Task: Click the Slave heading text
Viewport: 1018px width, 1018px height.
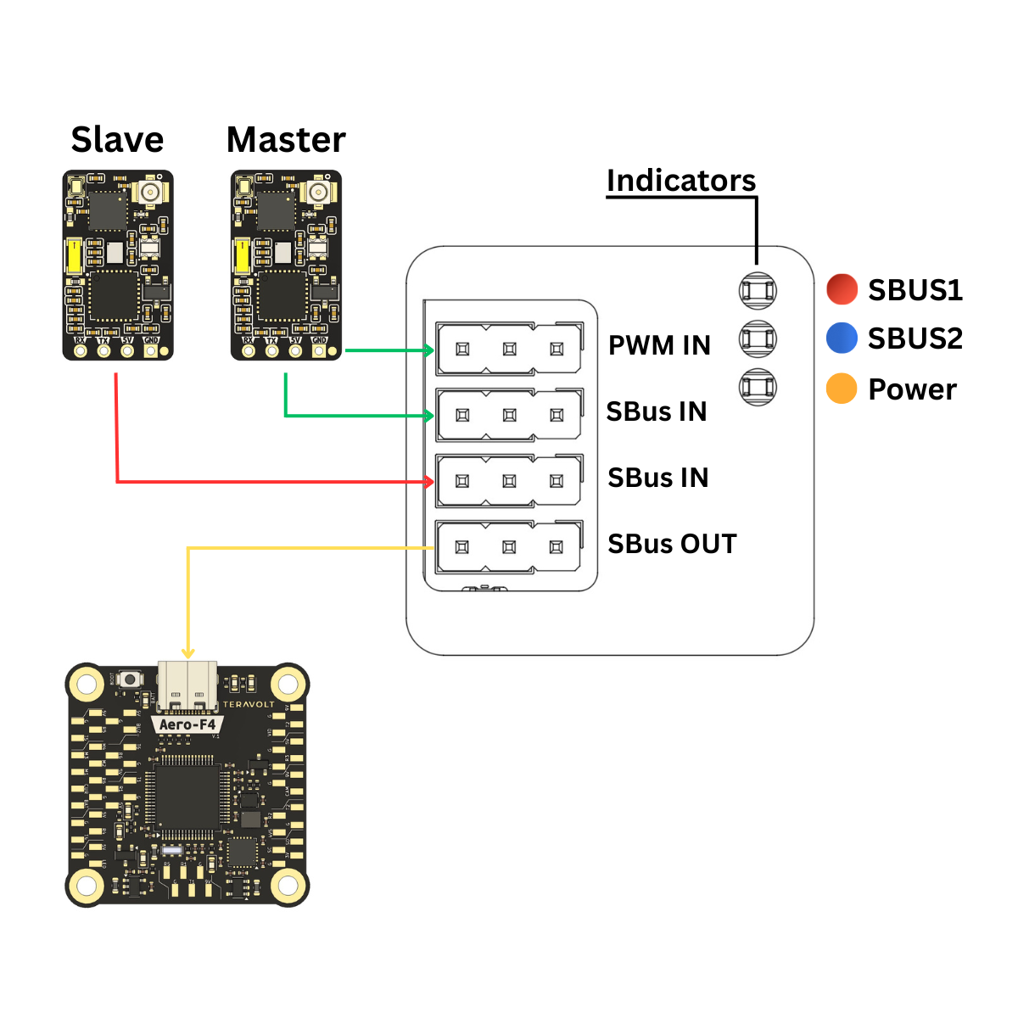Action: pyautogui.click(x=117, y=140)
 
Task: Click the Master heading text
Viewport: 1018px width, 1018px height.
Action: pyautogui.click(x=286, y=140)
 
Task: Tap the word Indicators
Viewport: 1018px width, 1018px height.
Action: pyautogui.click(x=680, y=181)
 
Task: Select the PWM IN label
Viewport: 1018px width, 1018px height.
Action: pyautogui.click(x=659, y=345)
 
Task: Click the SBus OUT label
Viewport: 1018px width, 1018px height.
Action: pyautogui.click(x=672, y=544)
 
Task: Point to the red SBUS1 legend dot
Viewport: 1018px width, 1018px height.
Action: pyautogui.click(x=842, y=289)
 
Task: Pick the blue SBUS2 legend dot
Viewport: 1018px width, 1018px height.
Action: pyautogui.click(x=842, y=338)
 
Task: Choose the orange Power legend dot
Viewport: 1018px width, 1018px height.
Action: pyautogui.click(x=842, y=389)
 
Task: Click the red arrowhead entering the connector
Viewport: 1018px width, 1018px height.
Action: pyautogui.click(x=429, y=482)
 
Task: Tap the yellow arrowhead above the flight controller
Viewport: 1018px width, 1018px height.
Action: pyautogui.click(x=188, y=652)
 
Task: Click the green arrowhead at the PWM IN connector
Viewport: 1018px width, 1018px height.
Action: pyautogui.click(x=429, y=350)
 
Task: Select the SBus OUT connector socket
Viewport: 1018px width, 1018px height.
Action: pyautogui.click(x=509, y=547)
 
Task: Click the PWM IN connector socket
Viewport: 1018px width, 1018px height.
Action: pyautogui.click(x=509, y=349)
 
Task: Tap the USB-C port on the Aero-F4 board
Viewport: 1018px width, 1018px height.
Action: pyautogui.click(x=187, y=687)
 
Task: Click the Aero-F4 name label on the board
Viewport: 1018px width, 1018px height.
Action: pyautogui.click(x=187, y=724)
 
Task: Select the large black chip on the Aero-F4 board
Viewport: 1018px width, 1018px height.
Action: pyautogui.click(x=187, y=797)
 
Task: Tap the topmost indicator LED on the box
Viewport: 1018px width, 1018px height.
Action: pyautogui.click(x=758, y=291)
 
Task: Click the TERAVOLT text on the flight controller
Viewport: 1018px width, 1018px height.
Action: pyautogui.click(x=249, y=704)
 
